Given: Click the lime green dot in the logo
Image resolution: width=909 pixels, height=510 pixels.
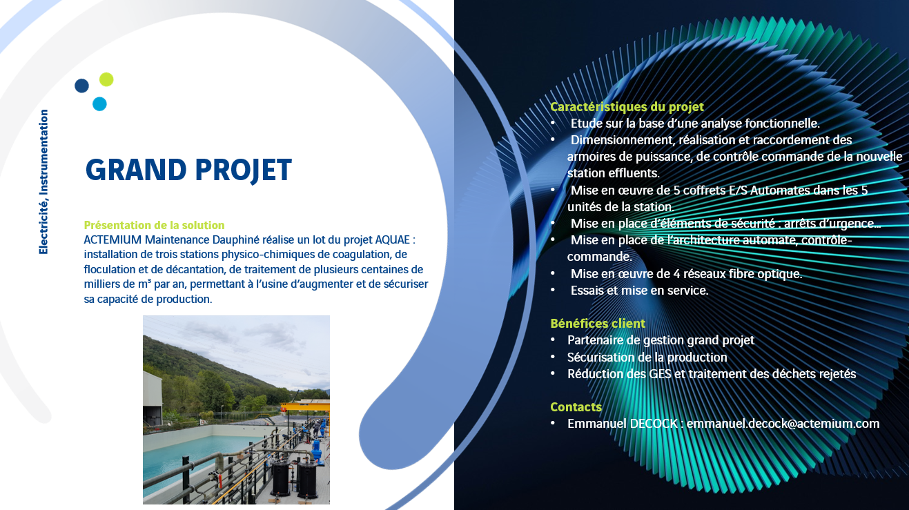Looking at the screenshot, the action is click(x=106, y=79).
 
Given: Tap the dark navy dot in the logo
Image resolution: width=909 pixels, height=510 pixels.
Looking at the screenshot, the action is click(x=81, y=86).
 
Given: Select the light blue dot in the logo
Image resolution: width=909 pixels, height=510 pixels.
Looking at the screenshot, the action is click(x=99, y=104).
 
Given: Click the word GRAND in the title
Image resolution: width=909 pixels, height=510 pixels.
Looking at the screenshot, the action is click(x=136, y=170).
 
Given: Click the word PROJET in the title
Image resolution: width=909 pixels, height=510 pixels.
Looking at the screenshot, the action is click(x=244, y=170).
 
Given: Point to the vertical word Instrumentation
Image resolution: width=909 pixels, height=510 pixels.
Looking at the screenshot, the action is click(x=43, y=152).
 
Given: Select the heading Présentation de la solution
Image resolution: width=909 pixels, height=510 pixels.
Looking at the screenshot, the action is click(x=154, y=225).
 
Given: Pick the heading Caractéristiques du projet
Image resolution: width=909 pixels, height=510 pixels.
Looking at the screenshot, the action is click(x=627, y=107).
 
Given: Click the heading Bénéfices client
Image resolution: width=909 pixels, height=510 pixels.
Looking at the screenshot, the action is click(x=598, y=324).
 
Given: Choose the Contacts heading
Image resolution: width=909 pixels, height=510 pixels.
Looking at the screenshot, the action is click(x=576, y=407).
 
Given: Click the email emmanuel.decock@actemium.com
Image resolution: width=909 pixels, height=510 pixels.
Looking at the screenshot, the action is click(x=783, y=424).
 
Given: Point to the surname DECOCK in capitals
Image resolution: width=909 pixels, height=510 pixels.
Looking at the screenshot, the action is click(x=654, y=424).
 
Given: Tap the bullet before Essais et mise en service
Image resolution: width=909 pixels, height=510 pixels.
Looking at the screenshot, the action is click(x=553, y=290).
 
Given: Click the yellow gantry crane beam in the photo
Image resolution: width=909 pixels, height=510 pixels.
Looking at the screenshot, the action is click(x=305, y=406).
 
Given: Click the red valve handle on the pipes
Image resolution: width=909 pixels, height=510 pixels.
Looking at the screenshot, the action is click(x=219, y=481).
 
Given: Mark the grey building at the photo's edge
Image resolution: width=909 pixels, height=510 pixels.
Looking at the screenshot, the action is click(x=153, y=398).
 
